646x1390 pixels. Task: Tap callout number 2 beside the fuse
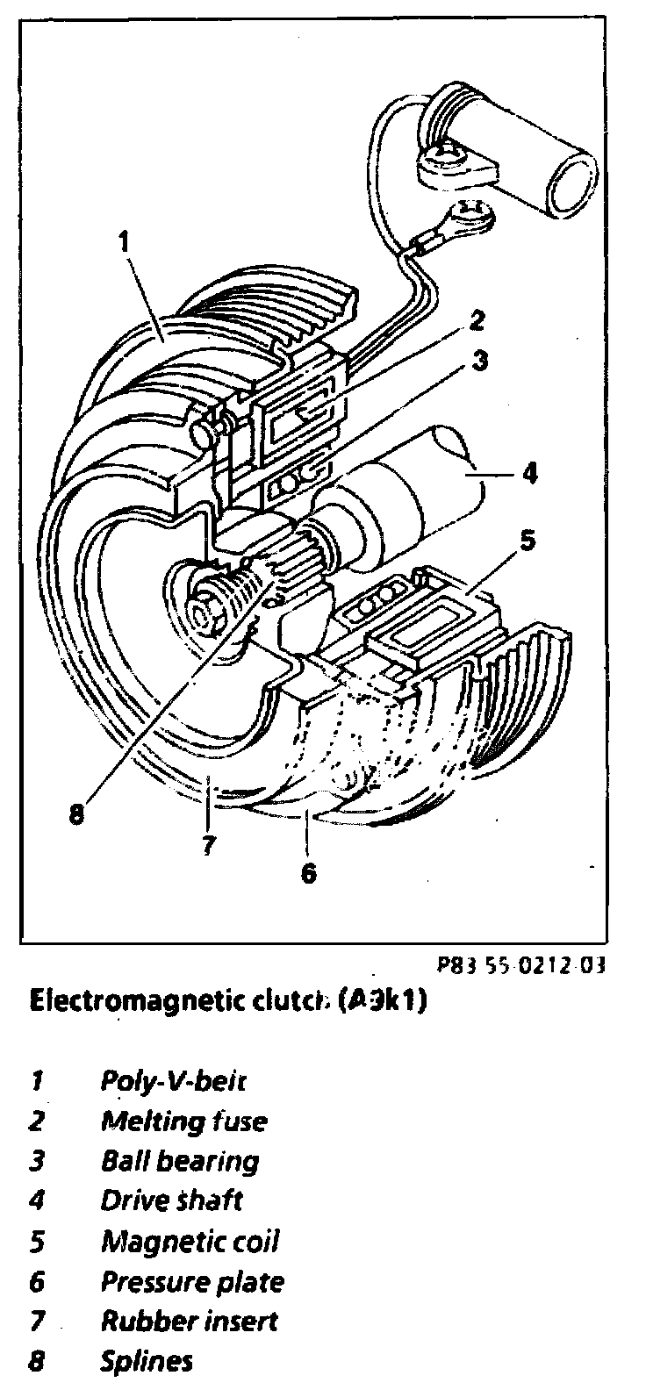pos(474,322)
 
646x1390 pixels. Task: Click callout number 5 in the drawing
pos(525,541)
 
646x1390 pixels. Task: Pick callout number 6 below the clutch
pos(307,874)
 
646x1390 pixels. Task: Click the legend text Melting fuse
pos(183,1121)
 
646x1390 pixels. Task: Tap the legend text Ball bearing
pos(180,1161)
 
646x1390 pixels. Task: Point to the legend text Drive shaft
pos(171,1200)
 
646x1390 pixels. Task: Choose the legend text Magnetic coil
pos(190,1242)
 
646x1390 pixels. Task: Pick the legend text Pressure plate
pos(192,1282)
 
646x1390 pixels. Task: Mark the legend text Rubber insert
pos(189,1321)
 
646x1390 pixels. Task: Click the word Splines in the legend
pos(146,1361)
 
